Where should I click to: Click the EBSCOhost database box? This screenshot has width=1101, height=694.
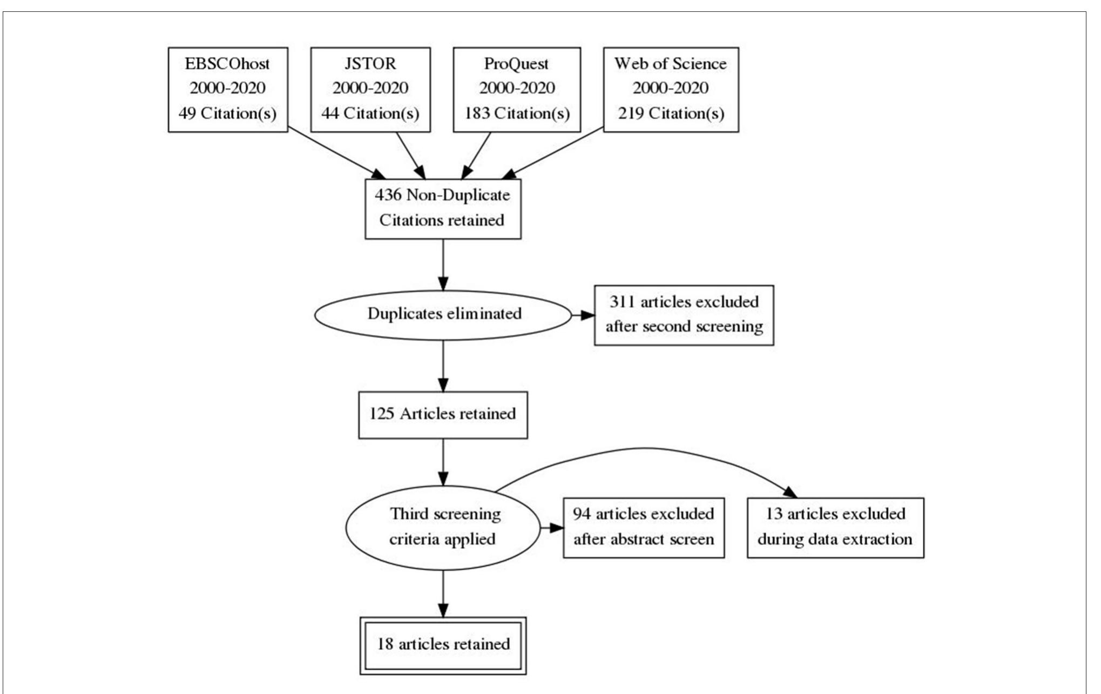click(227, 89)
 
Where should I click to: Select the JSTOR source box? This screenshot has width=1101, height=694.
click(370, 89)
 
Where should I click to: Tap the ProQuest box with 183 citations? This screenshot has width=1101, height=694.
click(516, 89)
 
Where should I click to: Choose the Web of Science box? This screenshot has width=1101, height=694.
click(670, 89)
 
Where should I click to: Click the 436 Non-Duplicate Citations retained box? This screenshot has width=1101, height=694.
click(442, 208)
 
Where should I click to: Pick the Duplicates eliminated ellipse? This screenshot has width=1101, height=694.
click(442, 314)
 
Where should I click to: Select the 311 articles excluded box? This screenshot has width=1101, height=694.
click(683, 315)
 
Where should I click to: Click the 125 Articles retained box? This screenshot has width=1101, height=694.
click(442, 414)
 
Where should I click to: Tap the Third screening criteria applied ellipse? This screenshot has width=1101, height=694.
click(442, 527)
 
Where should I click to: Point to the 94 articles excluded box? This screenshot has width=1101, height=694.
click(643, 527)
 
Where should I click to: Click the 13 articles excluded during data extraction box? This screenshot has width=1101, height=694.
click(835, 527)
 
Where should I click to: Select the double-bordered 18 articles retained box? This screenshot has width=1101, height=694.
click(442, 645)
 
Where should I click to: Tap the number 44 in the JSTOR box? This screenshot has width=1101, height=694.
click(329, 113)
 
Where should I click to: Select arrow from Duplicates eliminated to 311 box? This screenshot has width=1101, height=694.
click(582, 315)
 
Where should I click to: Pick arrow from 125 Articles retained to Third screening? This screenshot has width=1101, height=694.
click(443, 462)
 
